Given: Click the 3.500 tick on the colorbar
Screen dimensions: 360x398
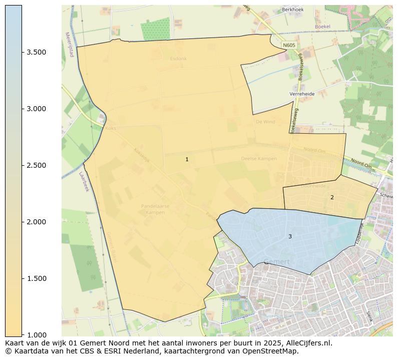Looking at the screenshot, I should (x=37, y=52).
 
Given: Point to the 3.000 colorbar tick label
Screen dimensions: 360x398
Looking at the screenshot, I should (x=37, y=109).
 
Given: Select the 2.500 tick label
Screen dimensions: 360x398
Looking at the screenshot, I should (x=37, y=165).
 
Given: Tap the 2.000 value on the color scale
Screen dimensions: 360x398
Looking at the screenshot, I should (x=37, y=222).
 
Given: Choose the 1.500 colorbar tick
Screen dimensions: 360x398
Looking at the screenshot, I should (x=37, y=278).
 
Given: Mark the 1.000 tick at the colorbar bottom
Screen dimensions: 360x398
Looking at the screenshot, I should (x=37, y=334).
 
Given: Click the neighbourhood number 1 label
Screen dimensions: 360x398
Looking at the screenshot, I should (x=187, y=159).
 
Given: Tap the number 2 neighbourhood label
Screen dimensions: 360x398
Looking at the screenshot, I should (x=331, y=197).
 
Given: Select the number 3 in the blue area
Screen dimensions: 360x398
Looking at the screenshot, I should (x=289, y=236).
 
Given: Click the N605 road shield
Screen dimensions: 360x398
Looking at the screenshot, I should (x=289, y=46).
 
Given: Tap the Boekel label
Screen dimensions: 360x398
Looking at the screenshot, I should (x=322, y=27).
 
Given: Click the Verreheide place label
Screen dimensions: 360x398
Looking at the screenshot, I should (x=302, y=94).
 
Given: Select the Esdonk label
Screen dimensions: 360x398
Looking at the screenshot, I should (x=178, y=59).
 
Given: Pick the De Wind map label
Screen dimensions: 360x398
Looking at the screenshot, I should (x=265, y=122).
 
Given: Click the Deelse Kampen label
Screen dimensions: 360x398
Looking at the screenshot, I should (x=259, y=159).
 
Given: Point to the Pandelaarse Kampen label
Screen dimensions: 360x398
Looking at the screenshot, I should (x=155, y=209).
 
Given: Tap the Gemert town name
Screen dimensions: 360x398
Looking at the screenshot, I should (x=276, y=261).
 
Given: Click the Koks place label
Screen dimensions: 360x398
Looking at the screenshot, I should (x=111, y=128).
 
